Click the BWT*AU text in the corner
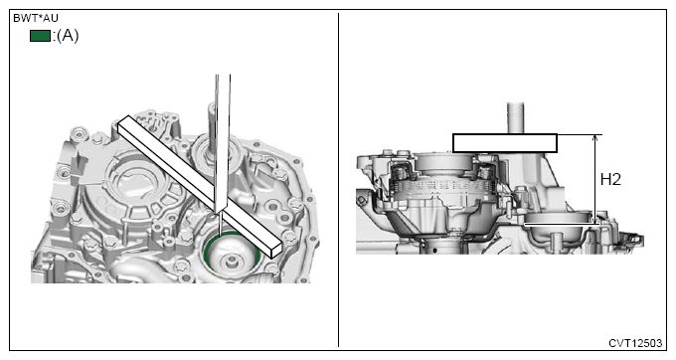[x=36, y=19]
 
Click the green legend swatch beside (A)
[x=40, y=36]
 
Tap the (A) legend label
[x=68, y=36]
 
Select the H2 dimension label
[x=610, y=179]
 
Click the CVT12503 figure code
[x=635, y=343]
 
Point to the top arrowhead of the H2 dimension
[x=595, y=138]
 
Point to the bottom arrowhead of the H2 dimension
[x=595, y=220]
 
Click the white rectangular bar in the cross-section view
[x=505, y=143]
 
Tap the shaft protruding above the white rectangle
[x=515, y=118]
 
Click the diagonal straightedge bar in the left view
[x=200, y=186]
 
